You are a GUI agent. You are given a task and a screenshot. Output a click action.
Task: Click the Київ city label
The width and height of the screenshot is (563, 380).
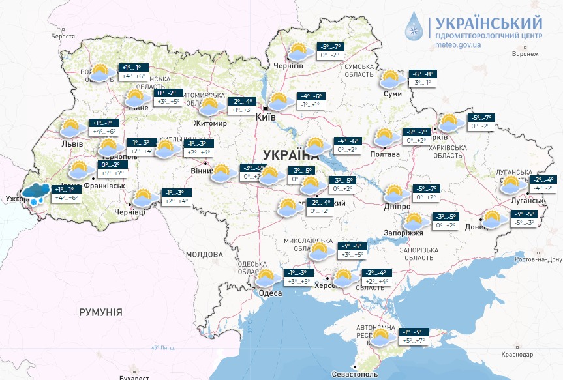[x=266, y=117]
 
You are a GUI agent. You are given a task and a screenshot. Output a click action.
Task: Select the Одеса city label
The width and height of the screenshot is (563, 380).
[x=270, y=293]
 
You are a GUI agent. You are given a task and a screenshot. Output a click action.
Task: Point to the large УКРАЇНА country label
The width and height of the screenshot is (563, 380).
[x=291, y=155]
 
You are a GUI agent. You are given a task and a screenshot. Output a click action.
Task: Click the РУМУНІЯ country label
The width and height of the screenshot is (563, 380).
[x=100, y=313]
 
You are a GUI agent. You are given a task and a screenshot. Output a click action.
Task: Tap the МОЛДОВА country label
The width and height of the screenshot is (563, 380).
[x=204, y=254]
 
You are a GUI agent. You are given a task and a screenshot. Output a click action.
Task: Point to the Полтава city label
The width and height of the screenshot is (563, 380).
[x=384, y=154]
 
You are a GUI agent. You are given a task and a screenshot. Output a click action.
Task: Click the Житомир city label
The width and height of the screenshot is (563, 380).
[x=210, y=123]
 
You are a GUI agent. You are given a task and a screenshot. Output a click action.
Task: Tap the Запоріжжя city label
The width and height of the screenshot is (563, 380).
[x=408, y=233]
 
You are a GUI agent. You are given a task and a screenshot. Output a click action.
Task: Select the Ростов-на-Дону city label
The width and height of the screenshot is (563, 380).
[x=538, y=259]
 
